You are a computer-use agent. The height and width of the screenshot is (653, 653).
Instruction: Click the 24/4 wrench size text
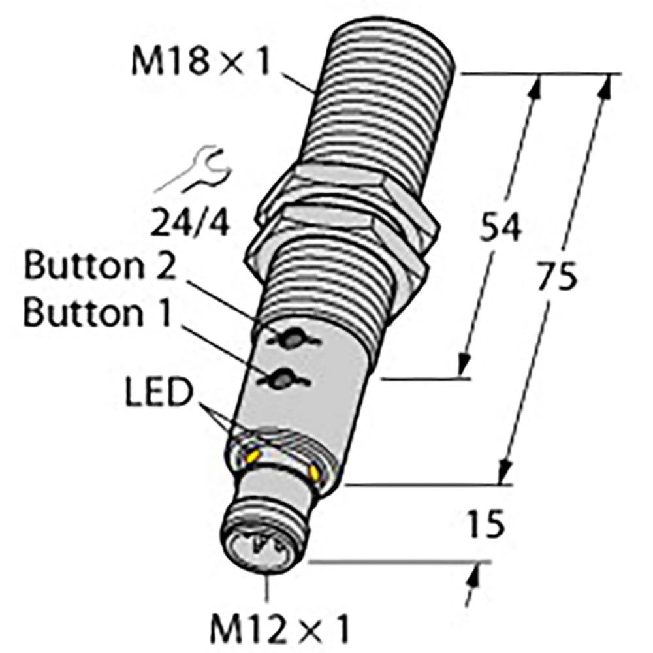pos(191,224)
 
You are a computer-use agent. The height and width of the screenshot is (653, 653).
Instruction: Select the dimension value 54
pos(501,229)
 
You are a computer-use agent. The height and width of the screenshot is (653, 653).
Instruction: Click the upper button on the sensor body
pos(287,339)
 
